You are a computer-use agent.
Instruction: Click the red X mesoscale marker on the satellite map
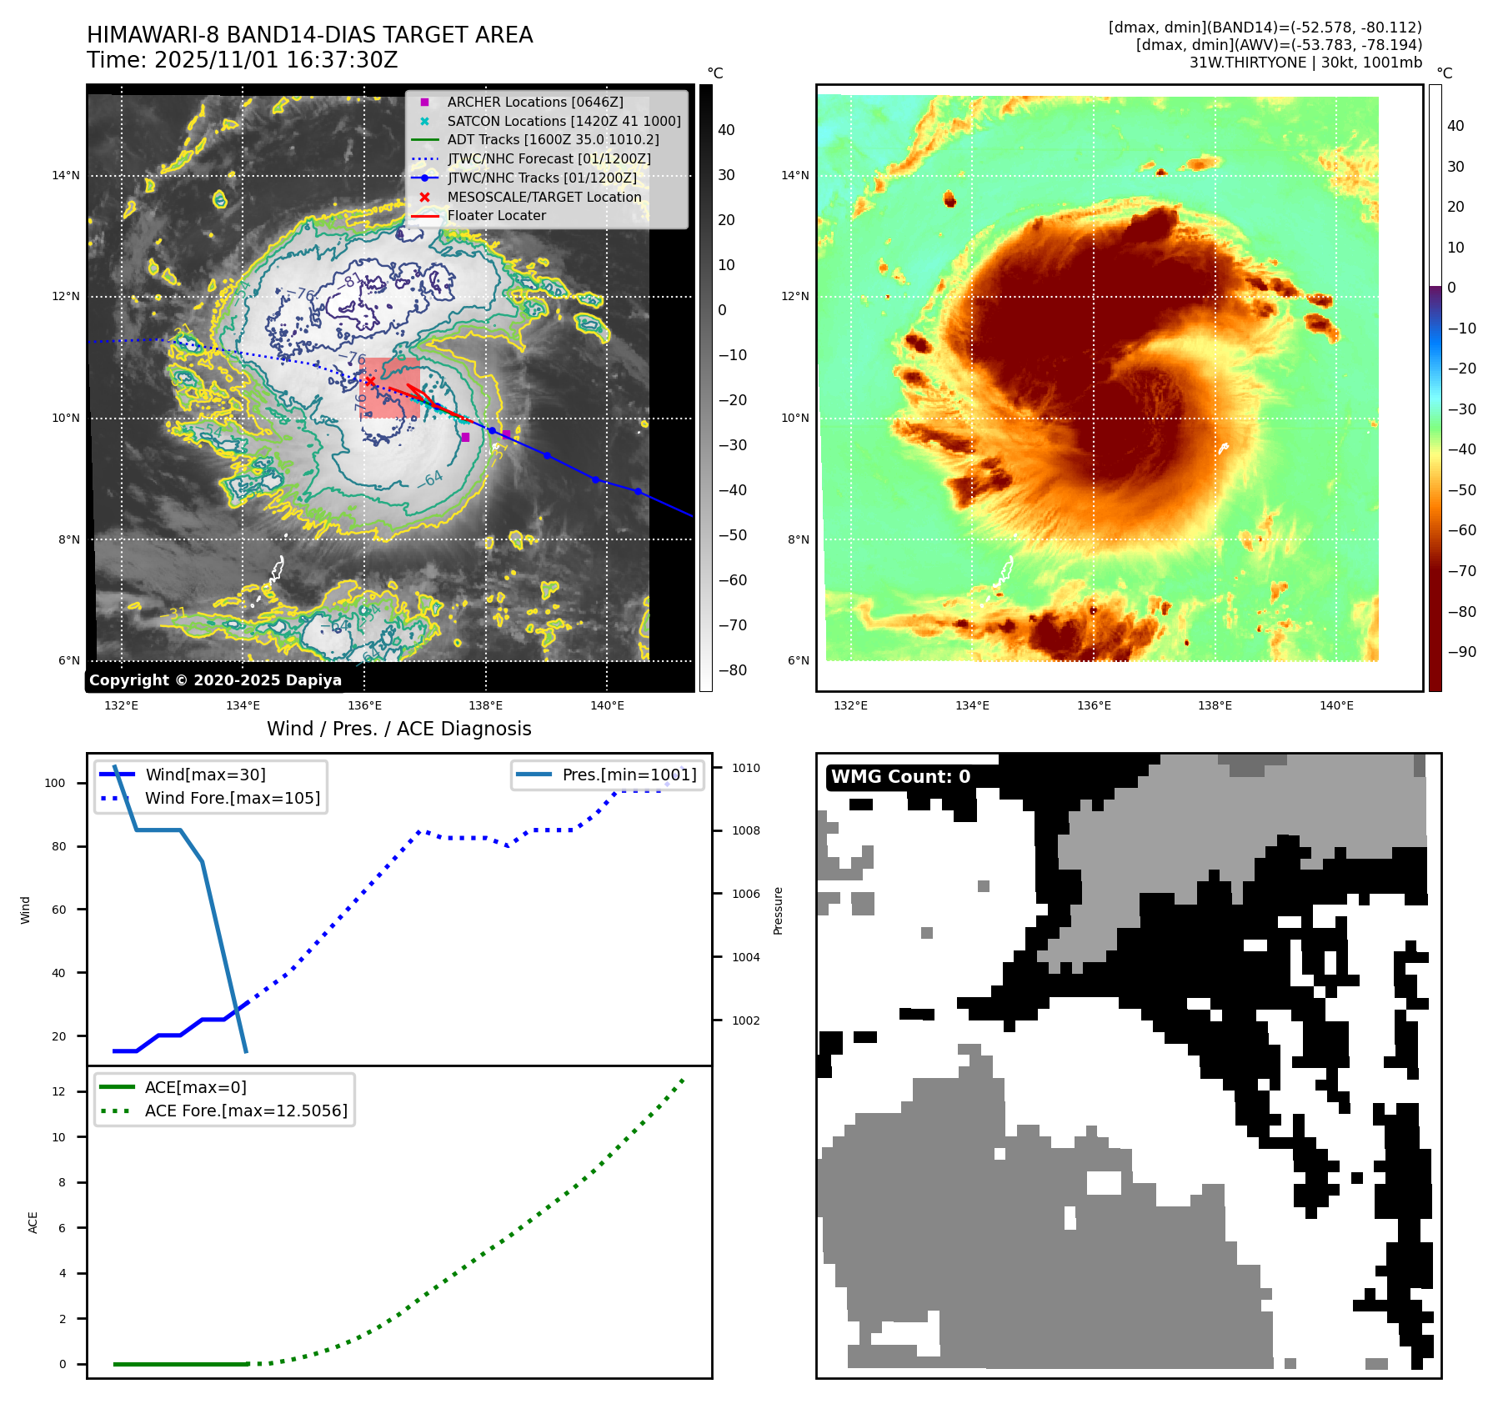[370, 382]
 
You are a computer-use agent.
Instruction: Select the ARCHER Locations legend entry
[534, 102]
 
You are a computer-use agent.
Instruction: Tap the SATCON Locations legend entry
[564, 121]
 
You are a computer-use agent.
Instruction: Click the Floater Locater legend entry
[496, 215]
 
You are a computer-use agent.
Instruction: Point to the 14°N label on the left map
[66, 175]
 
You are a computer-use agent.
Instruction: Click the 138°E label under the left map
[485, 705]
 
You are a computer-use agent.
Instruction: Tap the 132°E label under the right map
[850, 705]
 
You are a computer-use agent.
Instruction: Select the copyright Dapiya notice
[215, 680]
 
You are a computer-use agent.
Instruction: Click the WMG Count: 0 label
[900, 776]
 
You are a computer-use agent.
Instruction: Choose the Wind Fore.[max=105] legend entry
[232, 798]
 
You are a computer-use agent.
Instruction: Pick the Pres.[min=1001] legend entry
[629, 775]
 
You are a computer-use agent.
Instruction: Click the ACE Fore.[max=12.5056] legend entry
[245, 1111]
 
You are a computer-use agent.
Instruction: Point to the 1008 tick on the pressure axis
[746, 830]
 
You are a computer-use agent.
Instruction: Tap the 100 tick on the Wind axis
[54, 783]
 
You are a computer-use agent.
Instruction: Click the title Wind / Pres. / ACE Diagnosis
[398, 729]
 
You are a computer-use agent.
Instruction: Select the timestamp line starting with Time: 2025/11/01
[242, 60]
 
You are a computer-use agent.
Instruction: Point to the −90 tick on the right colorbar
[1461, 652]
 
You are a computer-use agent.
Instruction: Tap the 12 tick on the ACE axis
[58, 1091]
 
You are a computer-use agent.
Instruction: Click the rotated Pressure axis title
[778, 910]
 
